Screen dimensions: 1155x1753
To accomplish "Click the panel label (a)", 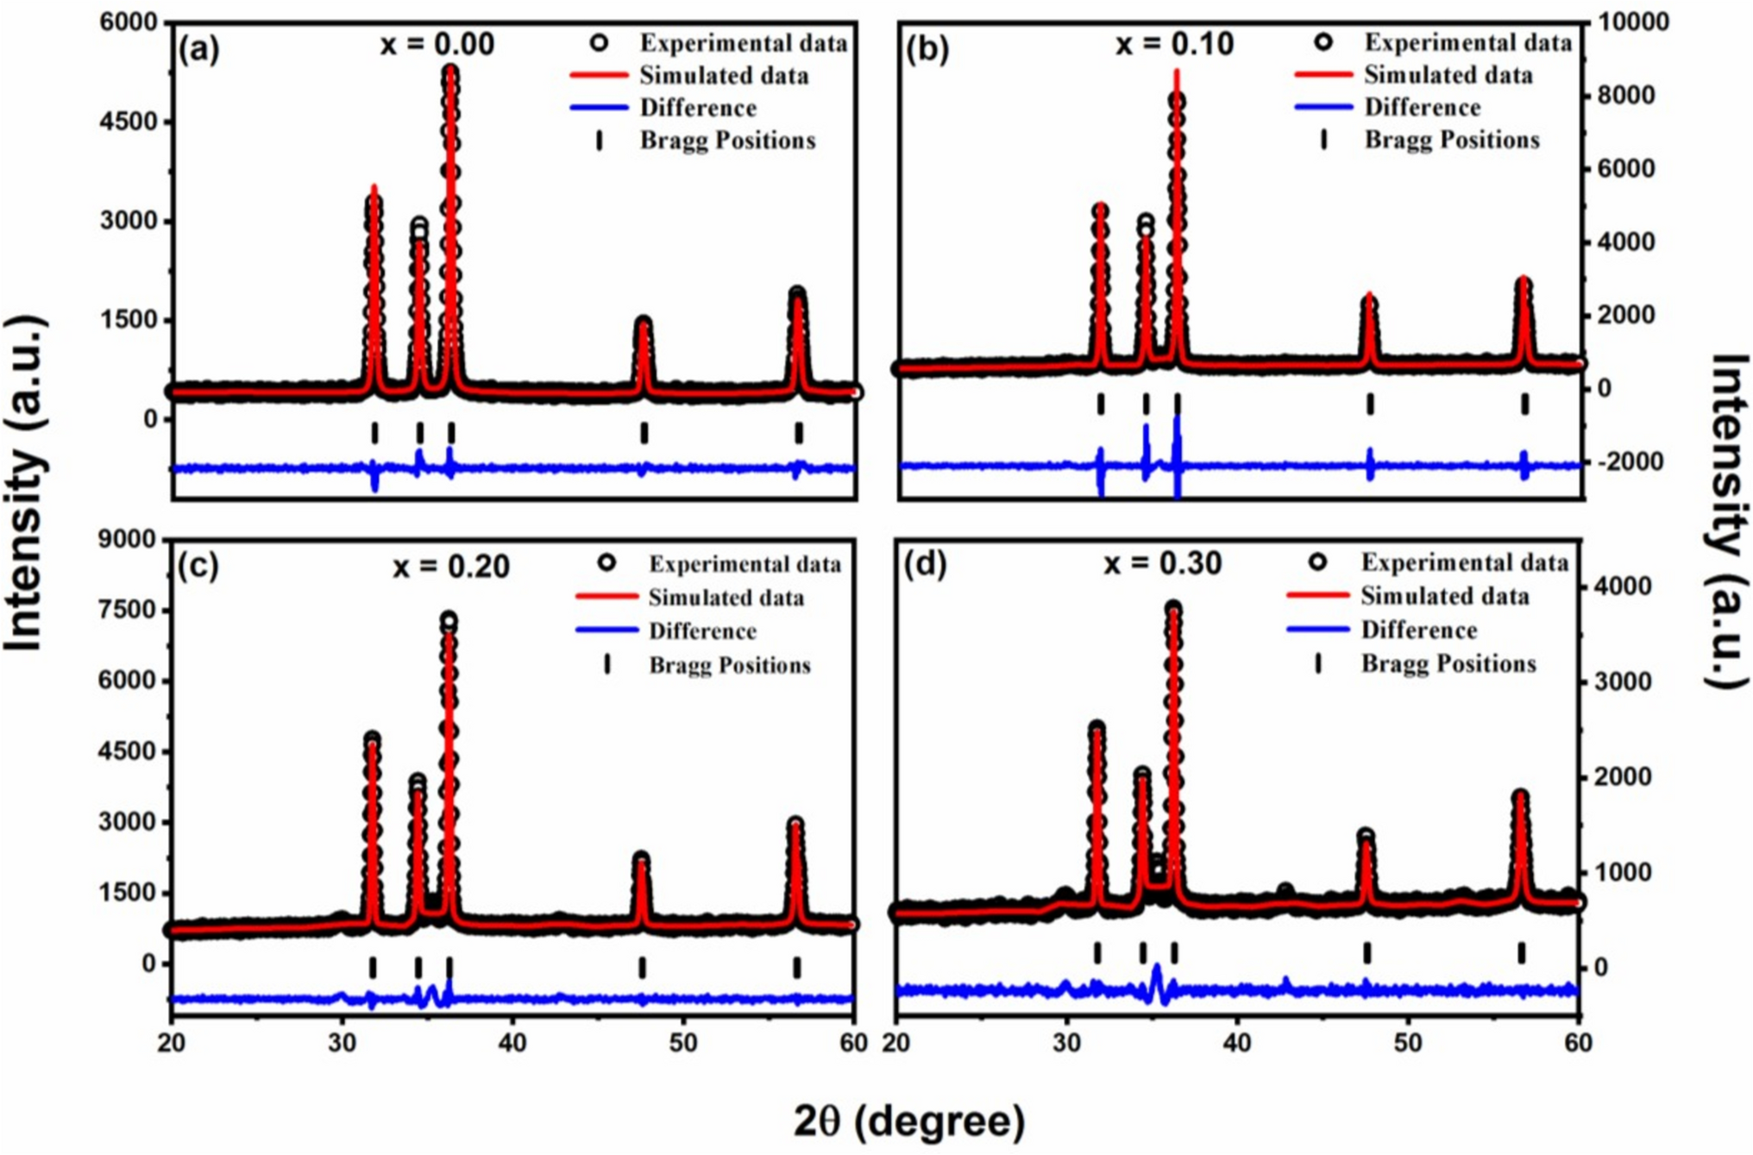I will [199, 49].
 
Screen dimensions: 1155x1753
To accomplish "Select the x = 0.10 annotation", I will [1174, 44].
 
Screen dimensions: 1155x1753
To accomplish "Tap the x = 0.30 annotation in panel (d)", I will [1162, 563].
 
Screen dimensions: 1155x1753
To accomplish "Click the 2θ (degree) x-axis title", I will [909, 1121].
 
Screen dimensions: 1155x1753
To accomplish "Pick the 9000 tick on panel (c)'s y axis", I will [132, 540].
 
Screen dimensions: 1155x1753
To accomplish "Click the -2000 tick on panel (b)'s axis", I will [1624, 462].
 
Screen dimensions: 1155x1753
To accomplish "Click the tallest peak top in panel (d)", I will [1173, 609].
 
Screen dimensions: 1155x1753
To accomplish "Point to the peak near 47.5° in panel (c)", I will [641, 859].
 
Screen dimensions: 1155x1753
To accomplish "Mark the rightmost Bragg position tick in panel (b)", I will [1524, 404].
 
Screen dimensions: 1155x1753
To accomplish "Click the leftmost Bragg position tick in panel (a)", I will [374, 432].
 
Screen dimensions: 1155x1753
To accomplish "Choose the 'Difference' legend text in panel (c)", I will [702, 631].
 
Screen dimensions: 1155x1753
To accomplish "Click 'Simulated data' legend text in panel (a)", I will [724, 76].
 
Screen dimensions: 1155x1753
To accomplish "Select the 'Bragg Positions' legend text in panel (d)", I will [1448, 663].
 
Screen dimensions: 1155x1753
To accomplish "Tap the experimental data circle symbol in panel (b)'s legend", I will [1323, 41].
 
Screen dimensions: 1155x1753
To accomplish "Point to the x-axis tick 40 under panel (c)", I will [512, 1042].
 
